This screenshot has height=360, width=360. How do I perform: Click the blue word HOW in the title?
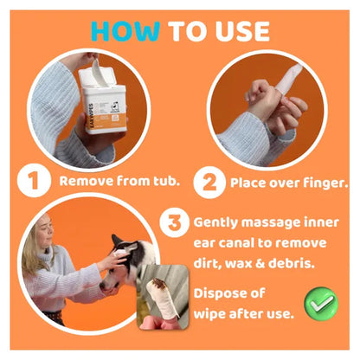[x=125, y=31]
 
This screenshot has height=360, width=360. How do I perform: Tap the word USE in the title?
[x=242, y=31]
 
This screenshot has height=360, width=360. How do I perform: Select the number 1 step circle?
[x=34, y=180]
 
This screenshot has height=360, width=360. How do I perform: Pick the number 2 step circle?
[x=209, y=183]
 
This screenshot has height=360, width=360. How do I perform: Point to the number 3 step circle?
[x=175, y=222]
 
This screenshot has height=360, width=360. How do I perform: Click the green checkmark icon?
[x=321, y=304]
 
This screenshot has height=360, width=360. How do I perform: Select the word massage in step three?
[x=271, y=222]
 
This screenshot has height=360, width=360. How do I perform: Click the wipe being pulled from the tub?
[x=99, y=72]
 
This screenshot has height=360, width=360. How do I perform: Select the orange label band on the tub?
[x=106, y=121]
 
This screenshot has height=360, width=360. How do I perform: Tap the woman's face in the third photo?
[x=46, y=231]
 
